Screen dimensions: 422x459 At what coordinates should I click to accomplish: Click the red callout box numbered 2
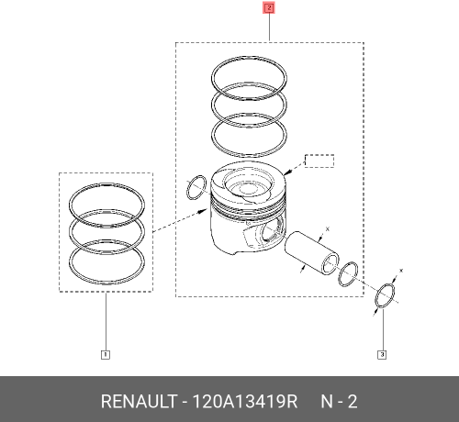coord(268,9)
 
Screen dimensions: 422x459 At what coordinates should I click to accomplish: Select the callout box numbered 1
coord(105,354)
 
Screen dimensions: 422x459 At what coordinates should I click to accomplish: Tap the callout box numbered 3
coord(382,354)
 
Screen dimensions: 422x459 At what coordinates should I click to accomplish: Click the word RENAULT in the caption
coord(139,402)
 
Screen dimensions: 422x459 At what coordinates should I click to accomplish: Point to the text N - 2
coord(338,402)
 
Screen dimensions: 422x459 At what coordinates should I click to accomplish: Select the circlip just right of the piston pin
coord(349,273)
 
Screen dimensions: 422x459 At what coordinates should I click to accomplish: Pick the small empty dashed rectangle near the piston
coord(319,161)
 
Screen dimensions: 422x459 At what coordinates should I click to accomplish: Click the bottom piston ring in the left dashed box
coord(106,263)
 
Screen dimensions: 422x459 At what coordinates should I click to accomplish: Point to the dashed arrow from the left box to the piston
coord(178,222)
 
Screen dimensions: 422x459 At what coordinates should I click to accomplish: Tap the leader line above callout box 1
coord(105,321)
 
